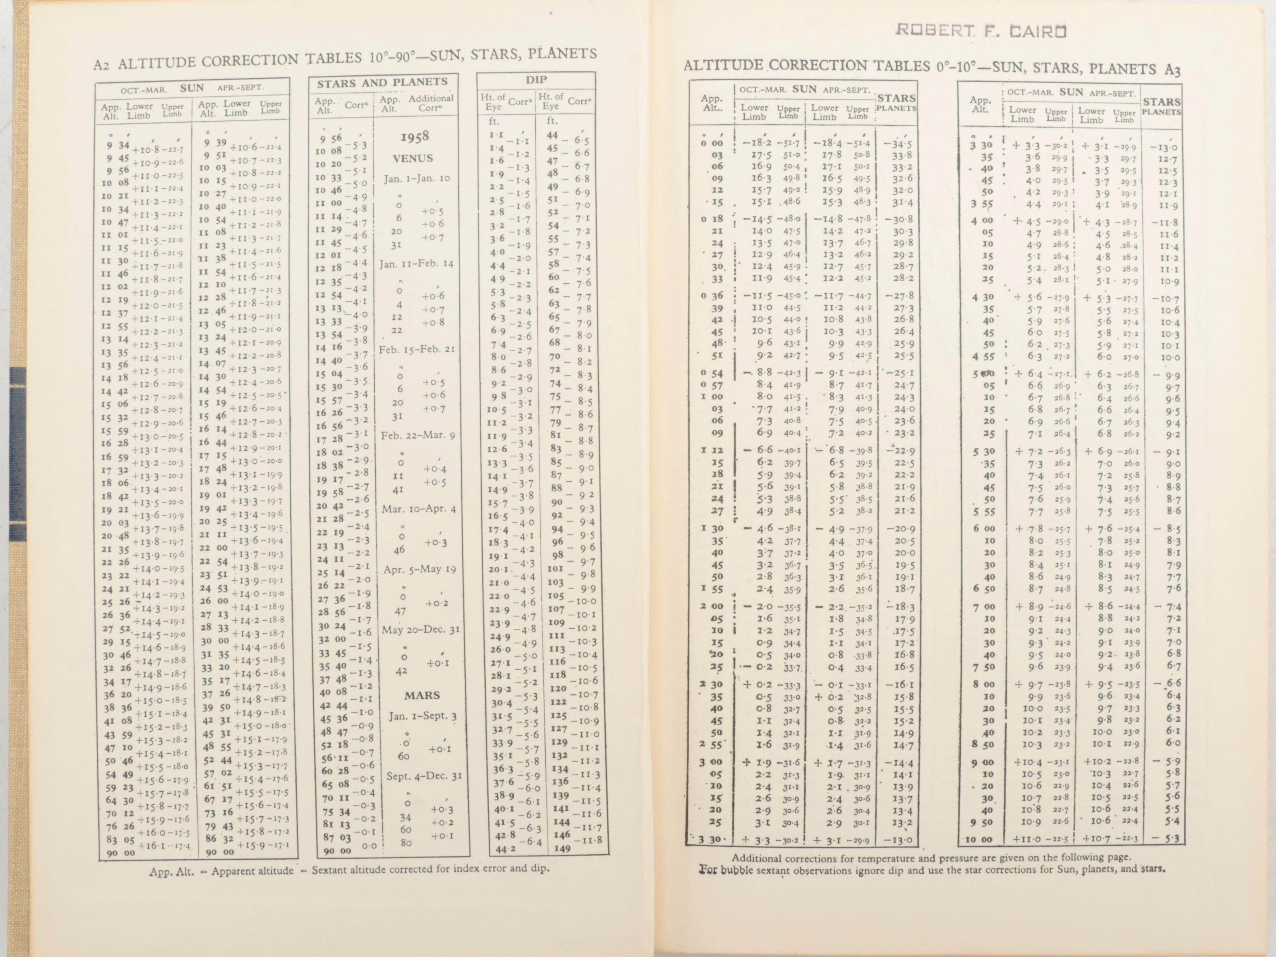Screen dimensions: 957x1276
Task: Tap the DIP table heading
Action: click(x=536, y=80)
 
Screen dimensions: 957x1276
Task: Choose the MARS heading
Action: click(x=422, y=696)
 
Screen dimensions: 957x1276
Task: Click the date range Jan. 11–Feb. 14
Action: click(x=416, y=264)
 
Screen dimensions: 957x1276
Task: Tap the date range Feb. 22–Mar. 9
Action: click(x=418, y=435)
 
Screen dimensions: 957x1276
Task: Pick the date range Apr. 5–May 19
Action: click(x=419, y=569)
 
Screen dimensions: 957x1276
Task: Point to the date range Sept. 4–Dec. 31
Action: click(x=424, y=776)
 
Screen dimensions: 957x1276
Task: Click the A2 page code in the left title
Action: click(x=102, y=65)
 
